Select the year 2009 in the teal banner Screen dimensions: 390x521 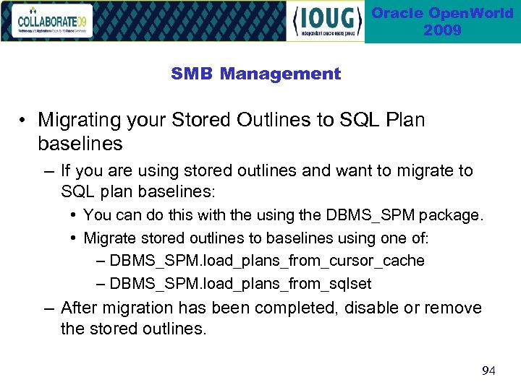click(442, 30)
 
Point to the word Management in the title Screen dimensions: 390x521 click(280, 74)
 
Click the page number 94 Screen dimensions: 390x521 click(488, 371)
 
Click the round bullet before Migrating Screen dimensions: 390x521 click(25, 120)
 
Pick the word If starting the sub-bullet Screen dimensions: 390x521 click(67, 171)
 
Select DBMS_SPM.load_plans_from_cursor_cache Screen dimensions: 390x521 click(266, 261)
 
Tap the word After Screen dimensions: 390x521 click(82, 308)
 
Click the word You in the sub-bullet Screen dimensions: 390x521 click(97, 215)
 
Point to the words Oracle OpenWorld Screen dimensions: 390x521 click(442, 13)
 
